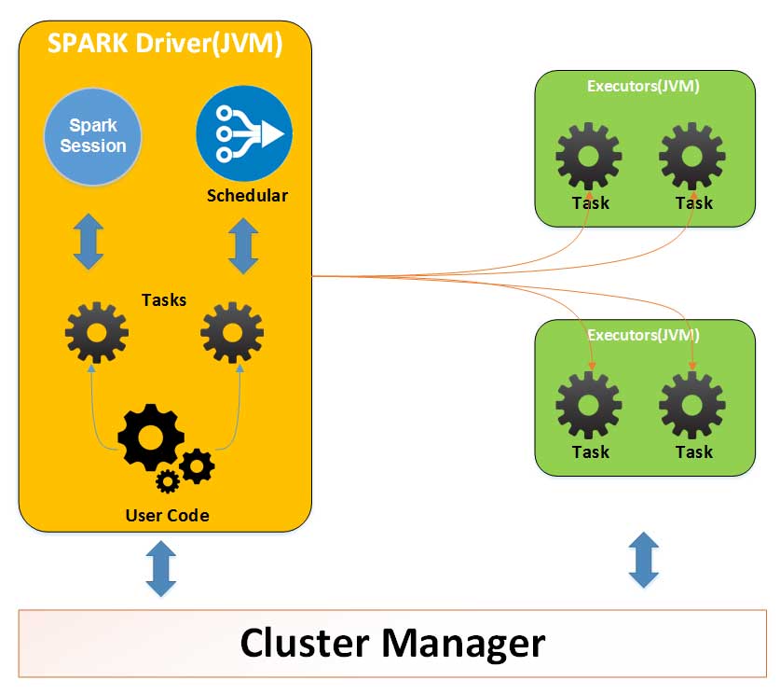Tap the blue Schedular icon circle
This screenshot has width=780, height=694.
[244, 135]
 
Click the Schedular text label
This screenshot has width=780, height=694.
[247, 196]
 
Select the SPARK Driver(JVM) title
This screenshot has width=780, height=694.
[165, 42]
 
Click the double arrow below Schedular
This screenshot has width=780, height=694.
[243, 245]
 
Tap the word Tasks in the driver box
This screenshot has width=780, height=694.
[164, 299]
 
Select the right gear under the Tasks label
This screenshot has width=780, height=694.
[232, 332]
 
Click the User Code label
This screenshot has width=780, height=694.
[168, 515]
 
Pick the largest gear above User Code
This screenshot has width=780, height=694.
[150, 437]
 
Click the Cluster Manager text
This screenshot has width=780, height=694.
[392, 643]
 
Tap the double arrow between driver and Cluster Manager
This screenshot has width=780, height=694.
[160, 569]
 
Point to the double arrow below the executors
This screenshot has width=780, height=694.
[644, 561]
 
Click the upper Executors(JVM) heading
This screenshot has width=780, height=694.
[643, 86]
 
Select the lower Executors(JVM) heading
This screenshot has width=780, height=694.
[643, 334]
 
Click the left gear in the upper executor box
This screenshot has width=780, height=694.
[590, 156]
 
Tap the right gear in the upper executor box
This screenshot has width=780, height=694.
[692, 156]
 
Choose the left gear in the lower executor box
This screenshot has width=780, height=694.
[590, 405]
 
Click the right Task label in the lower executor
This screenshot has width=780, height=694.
[694, 452]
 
